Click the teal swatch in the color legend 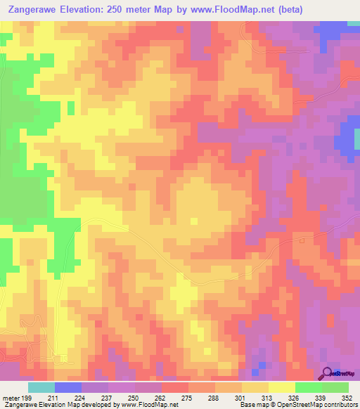(41, 387)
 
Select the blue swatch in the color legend (68, 387)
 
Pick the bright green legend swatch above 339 (308, 387)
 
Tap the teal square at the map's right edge (356, 141)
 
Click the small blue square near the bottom (262, 365)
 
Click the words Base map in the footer (254, 405)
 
